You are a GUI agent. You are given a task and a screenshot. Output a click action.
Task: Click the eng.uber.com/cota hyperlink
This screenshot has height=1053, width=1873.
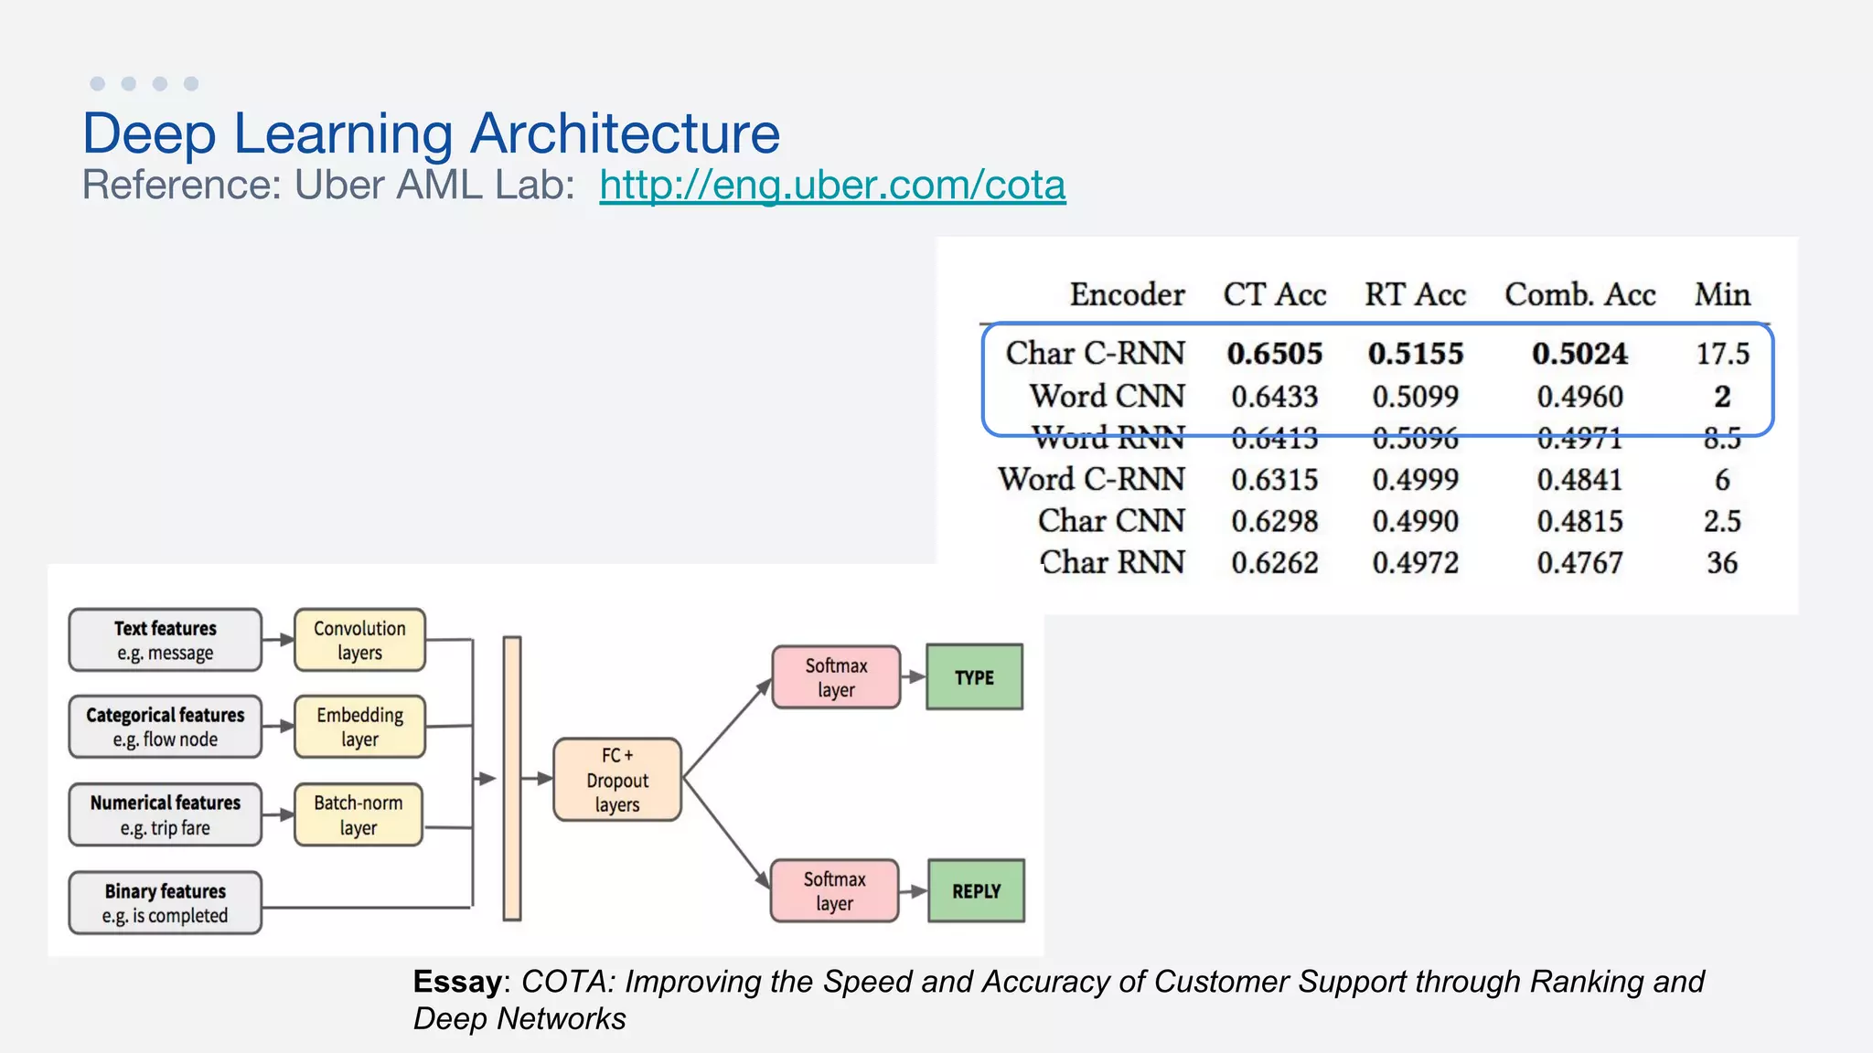tap(832, 186)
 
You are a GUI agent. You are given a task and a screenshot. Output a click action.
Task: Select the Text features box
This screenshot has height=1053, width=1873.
tap(166, 640)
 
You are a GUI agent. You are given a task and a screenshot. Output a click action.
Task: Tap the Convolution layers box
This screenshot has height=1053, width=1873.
tap(359, 640)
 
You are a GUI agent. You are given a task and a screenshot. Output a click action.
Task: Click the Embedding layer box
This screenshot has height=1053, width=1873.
tap(359, 727)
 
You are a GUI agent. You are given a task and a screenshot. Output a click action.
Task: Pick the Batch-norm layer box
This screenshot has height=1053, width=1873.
tap(359, 814)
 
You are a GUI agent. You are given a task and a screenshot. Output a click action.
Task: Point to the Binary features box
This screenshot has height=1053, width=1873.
tap(166, 903)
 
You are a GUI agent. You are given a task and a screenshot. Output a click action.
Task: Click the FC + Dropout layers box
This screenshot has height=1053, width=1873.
tap(617, 780)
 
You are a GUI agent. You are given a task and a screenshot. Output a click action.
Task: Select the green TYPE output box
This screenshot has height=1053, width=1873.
tap(974, 677)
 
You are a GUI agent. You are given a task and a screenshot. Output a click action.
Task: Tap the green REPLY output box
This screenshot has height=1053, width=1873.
tap(976, 891)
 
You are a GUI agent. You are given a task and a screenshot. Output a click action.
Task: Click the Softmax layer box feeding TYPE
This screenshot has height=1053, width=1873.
tap(836, 677)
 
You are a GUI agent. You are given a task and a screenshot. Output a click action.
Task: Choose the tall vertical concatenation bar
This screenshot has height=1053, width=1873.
tap(512, 778)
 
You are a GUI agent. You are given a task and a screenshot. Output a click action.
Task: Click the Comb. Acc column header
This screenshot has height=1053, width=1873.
tap(1579, 294)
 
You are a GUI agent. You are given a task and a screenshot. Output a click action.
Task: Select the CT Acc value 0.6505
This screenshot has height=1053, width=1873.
tap(1274, 354)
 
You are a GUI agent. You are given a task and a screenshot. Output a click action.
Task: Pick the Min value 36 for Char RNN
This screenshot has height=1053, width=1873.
tap(1721, 563)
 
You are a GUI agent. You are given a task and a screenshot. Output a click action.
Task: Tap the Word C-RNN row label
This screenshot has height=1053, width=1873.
tap(1091, 480)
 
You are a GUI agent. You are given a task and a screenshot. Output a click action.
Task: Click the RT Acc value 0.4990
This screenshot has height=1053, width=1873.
tap(1415, 521)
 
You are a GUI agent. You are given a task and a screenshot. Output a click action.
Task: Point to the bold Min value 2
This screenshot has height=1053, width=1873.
tap(1721, 397)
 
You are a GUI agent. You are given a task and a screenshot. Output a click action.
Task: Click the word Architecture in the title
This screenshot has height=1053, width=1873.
tap(625, 133)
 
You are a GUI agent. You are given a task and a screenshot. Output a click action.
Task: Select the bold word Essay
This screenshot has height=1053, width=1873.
tap(457, 982)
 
